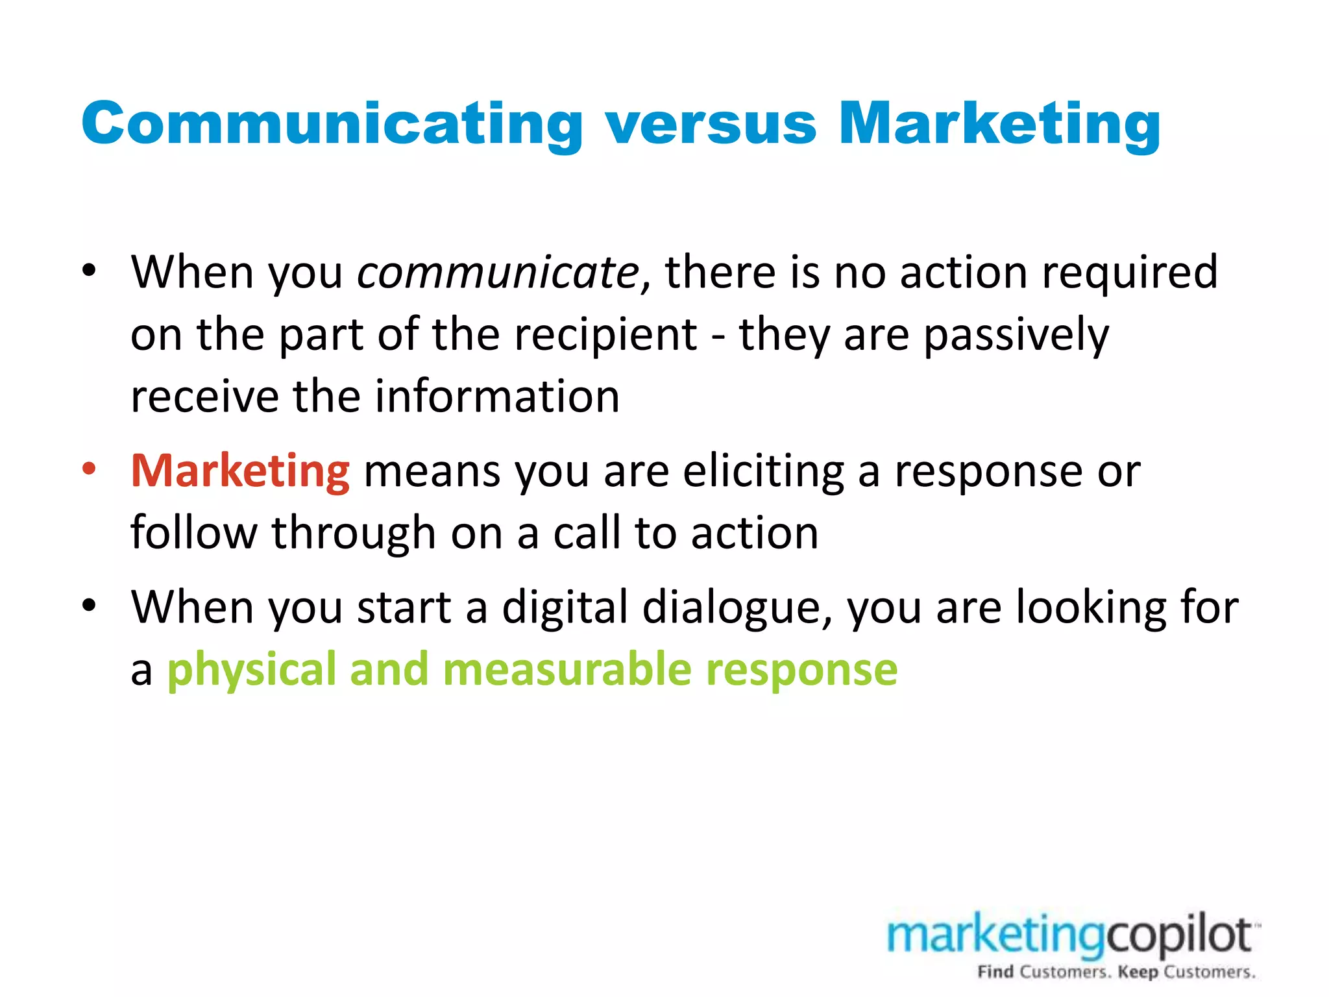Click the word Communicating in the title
(x=332, y=125)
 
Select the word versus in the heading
(x=710, y=125)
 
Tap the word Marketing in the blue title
(x=999, y=125)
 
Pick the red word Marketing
(x=240, y=471)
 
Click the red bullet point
(x=90, y=469)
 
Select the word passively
(x=1016, y=336)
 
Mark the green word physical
(x=252, y=671)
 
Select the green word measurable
(x=567, y=669)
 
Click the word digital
(x=564, y=609)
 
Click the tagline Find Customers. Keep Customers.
(x=1116, y=972)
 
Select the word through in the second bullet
(x=354, y=534)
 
